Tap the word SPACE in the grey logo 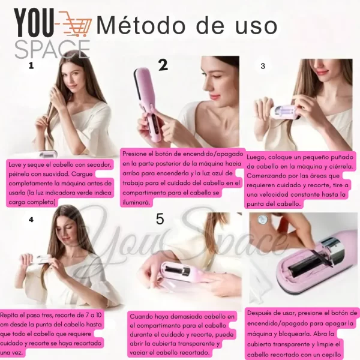52,49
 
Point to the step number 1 31,66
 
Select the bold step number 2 163,65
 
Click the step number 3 263,66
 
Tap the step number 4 31,220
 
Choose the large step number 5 160,219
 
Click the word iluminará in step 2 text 136,203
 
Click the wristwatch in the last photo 262,219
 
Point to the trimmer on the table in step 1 48,154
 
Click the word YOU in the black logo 34,23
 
